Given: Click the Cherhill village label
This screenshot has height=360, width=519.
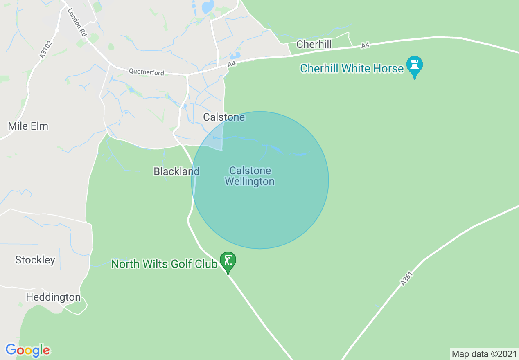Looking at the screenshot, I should [x=314, y=44].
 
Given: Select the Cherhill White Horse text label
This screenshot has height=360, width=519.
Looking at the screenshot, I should [x=352, y=68].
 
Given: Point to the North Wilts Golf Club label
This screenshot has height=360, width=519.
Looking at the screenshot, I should [x=164, y=264].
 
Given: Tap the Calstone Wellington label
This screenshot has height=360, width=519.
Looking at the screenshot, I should [x=250, y=176].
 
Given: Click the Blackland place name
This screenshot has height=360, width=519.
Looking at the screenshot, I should [x=176, y=171].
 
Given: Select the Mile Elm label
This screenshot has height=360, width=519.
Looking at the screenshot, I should [x=28, y=126].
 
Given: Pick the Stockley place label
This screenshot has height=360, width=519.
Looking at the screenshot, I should [x=35, y=260].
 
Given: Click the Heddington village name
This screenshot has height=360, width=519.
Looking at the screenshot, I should [x=53, y=297].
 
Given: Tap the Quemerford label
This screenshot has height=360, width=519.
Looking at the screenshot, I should [x=147, y=72].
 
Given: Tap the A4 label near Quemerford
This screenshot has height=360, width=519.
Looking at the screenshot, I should [x=232, y=64].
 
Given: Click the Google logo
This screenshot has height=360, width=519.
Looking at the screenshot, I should [x=28, y=350].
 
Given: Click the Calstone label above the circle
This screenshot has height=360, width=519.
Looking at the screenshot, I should [x=224, y=117].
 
